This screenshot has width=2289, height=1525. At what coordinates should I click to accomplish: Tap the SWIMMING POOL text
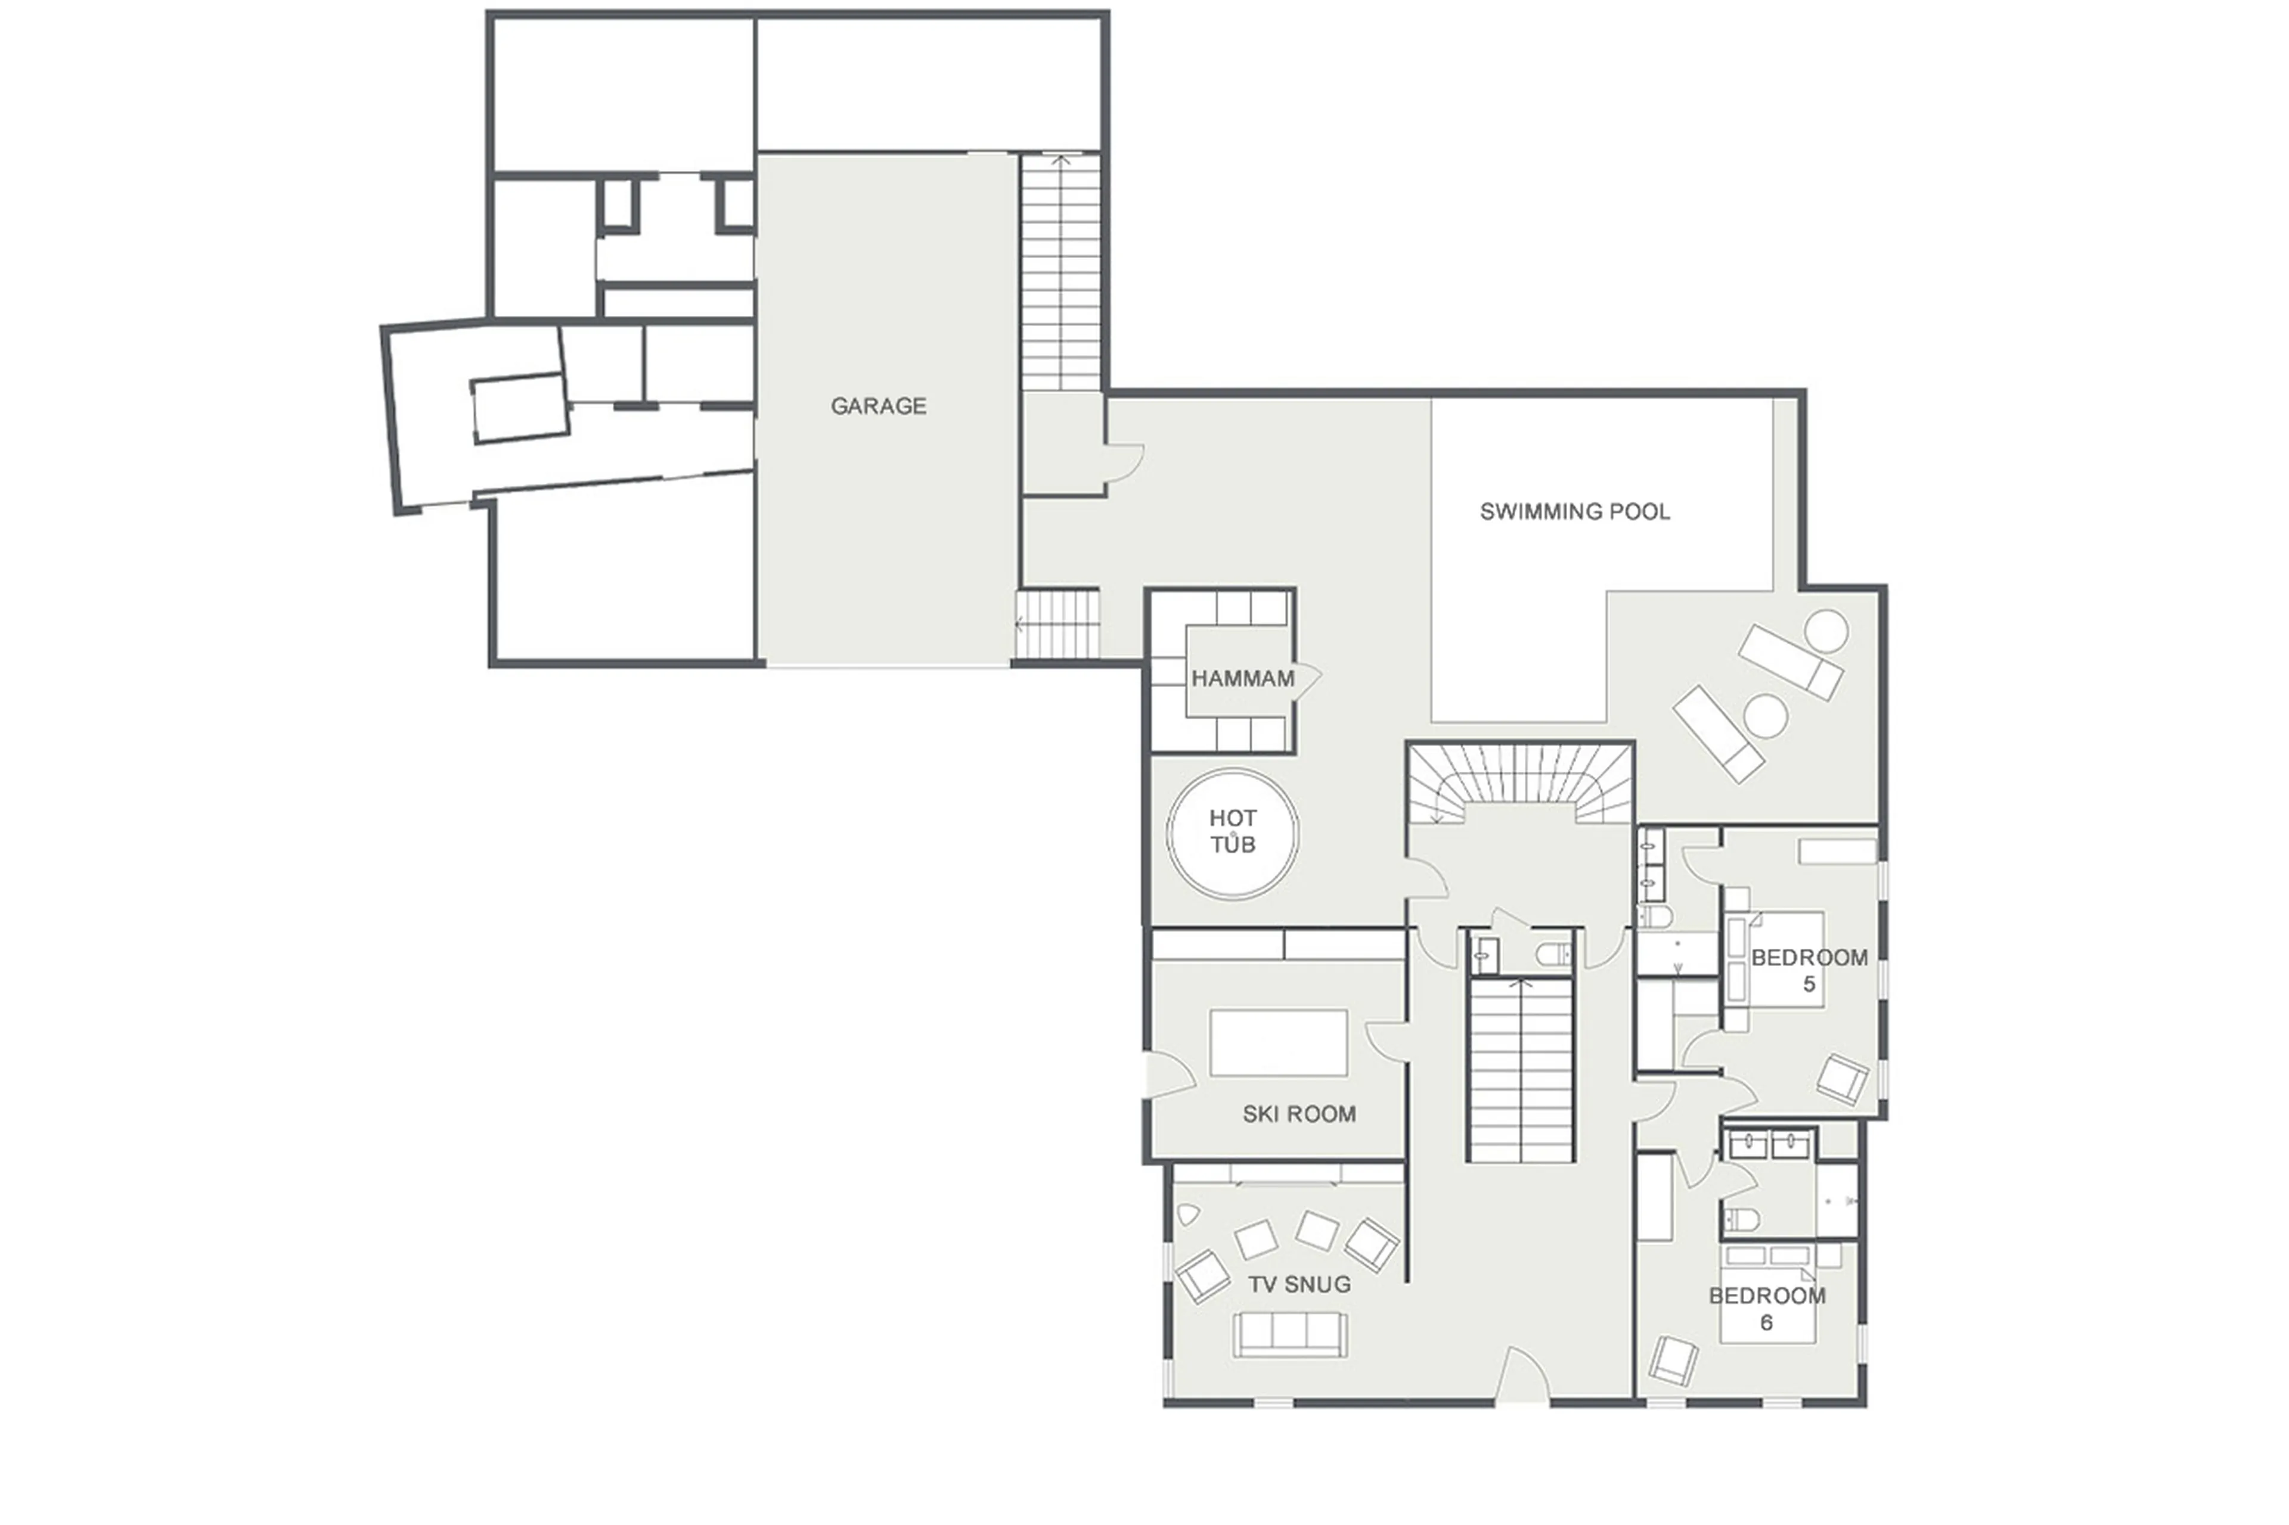(x=1574, y=511)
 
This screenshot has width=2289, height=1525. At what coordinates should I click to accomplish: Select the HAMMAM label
(x=1242, y=679)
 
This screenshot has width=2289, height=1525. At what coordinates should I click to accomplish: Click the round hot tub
(x=1233, y=834)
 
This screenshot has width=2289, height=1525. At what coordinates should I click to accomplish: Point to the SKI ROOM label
(x=1299, y=1114)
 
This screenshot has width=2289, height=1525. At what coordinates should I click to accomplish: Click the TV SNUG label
(x=1299, y=1284)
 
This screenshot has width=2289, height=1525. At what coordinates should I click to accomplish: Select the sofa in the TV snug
(x=1290, y=1334)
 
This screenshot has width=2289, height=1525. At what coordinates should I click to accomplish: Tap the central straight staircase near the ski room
(x=1519, y=1070)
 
